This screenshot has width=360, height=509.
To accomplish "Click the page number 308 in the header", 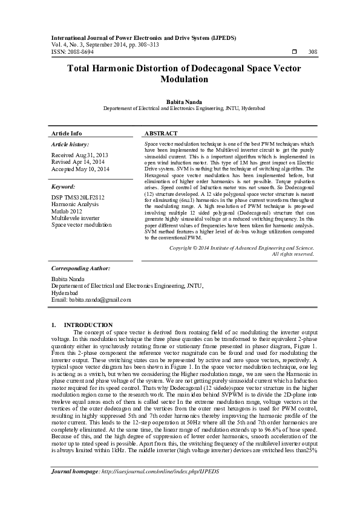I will (312, 53).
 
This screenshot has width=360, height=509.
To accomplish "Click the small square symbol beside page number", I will (294, 53).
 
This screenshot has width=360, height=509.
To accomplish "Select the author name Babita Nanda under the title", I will (180, 102).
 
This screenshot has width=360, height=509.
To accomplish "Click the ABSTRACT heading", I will (161, 133).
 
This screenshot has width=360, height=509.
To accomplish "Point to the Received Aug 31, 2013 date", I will (80, 155).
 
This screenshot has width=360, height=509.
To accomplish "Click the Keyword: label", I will (64, 187).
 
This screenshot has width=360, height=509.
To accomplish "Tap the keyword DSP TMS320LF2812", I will (78, 198).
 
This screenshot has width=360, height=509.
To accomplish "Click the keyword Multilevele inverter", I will (76, 218).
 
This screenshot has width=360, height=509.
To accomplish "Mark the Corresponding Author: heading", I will (80, 268).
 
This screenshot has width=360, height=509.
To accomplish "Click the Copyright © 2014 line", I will (241, 248).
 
